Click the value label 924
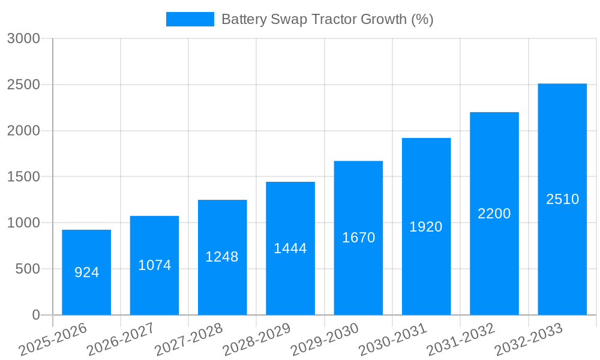click(x=86, y=272)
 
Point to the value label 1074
click(x=155, y=265)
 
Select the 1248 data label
click(x=222, y=257)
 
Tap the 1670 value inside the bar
click(x=358, y=238)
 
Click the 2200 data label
click(x=494, y=214)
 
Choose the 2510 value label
click(x=562, y=199)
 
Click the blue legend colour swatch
click(x=190, y=19)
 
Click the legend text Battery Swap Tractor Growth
click(x=327, y=19)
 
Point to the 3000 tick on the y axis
click(x=23, y=39)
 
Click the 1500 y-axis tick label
click(x=23, y=177)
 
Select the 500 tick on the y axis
click(x=28, y=269)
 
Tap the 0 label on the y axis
click(x=36, y=315)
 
